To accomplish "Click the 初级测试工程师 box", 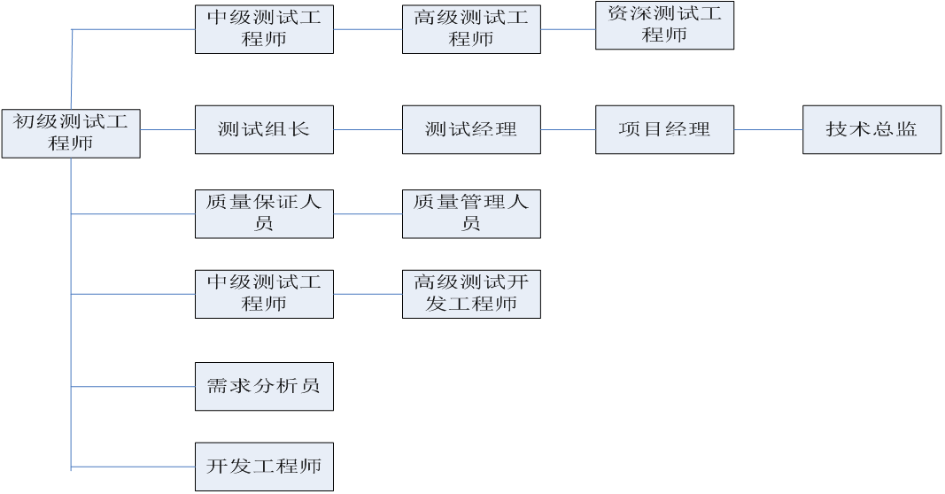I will point(71,134).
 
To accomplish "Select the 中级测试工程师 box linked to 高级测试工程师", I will point(264,29).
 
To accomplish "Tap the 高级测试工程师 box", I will point(471,29).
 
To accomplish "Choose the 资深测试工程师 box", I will point(664,25).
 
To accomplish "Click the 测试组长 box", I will point(264,129).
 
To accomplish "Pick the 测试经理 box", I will point(471,129).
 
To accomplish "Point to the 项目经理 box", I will point(664,129).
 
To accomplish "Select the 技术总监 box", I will point(871,129).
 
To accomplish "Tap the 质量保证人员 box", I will point(264,213).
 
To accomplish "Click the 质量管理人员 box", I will point(471,213).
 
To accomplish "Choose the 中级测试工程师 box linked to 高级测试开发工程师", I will point(264,294).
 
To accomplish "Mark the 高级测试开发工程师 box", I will point(471,294).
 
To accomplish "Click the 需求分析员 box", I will point(264,386).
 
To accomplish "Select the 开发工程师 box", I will point(264,467).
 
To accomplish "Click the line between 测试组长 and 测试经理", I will point(368,129).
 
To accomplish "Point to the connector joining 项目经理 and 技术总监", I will point(768,129).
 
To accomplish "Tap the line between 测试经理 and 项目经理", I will point(568,129).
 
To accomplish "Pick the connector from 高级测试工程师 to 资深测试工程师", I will point(568,29).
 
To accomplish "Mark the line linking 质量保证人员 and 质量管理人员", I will point(368,213).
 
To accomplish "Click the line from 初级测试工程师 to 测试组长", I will point(167,129).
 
